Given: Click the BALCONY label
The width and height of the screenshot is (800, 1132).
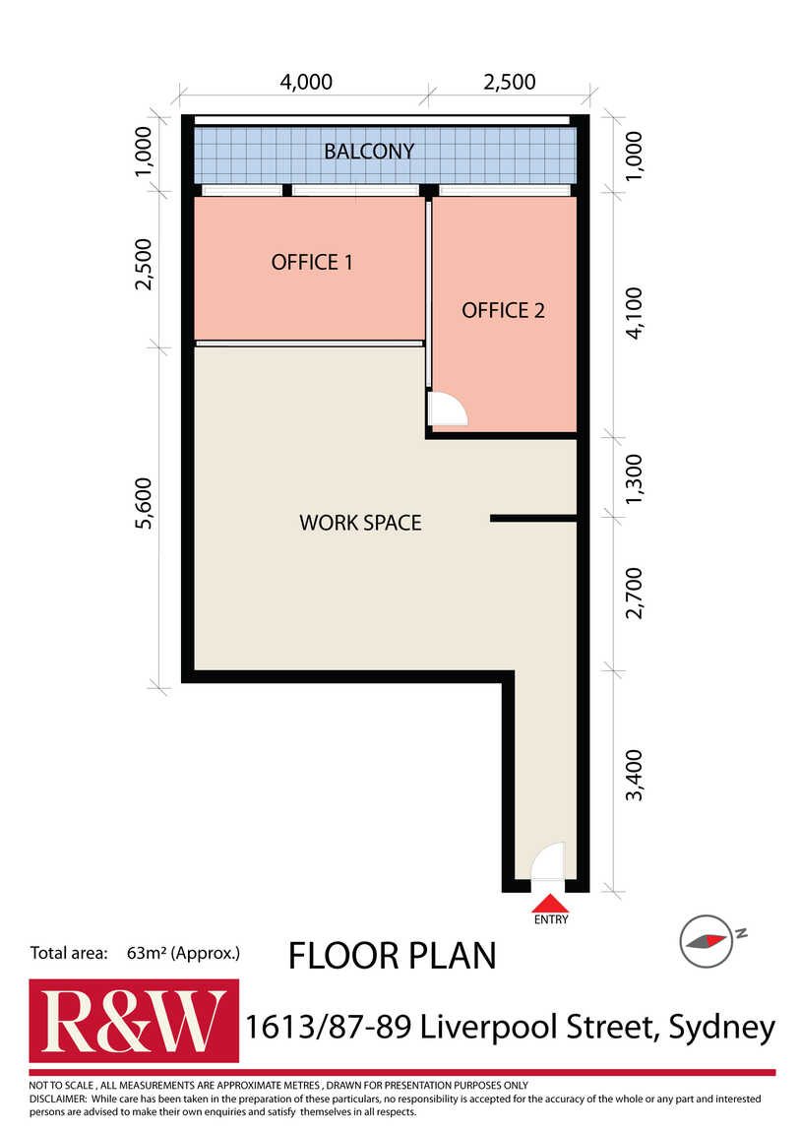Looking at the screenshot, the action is point(369,152).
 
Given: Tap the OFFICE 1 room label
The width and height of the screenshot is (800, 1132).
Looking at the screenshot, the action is point(312,262).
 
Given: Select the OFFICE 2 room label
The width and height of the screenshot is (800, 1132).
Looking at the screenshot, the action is point(503,310).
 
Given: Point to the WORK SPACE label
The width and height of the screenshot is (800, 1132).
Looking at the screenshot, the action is point(360,523).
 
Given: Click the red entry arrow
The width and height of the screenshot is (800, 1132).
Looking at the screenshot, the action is point(550,904).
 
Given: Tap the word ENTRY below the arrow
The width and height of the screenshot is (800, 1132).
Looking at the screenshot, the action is point(551,919).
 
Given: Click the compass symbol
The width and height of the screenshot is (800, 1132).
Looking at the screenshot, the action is point(706,941).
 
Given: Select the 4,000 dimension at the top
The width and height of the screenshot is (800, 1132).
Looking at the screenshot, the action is point(306,82).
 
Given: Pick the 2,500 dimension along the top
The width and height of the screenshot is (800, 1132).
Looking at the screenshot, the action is point(510,82).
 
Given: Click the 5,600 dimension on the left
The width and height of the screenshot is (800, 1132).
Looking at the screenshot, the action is point(144,503).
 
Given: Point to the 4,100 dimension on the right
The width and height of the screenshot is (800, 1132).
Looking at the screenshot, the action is point(634,313).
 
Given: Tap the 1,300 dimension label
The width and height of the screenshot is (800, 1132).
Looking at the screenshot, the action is point(634,479).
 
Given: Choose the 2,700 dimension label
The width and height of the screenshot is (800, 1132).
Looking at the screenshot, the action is point(634,593).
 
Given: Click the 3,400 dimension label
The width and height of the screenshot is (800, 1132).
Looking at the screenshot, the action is point(634,776).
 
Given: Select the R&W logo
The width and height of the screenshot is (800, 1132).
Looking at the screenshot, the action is point(134,1021).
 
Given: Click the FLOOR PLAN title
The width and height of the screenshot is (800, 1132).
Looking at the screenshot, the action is point(393,956).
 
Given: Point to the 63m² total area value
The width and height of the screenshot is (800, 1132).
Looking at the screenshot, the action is point(142,953).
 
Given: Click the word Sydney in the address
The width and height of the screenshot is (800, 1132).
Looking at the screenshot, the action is point(722,1028).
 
